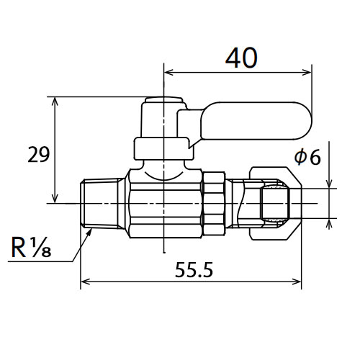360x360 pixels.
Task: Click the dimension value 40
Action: click(241, 58)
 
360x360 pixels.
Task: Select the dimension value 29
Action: click(38, 155)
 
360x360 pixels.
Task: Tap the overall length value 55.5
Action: click(194, 270)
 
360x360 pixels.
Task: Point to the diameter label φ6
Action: click(307, 157)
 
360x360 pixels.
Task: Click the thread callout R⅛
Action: click(31, 247)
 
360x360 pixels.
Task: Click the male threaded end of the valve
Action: click(103, 204)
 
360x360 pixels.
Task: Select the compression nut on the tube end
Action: click(275, 203)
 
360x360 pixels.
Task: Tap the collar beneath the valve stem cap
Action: click(163, 148)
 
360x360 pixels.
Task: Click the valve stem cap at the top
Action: click(163, 117)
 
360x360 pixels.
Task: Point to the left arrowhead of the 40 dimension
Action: click(168, 72)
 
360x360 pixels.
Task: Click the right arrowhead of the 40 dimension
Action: click(307, 72)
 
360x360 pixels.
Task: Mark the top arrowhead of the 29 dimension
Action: click(55, 102)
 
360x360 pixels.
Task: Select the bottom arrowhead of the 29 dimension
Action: click(55, 198)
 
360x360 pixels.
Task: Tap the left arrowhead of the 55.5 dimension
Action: click(85, 282)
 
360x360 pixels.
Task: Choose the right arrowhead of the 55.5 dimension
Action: click(297, 282)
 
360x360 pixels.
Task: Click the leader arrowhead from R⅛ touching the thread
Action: click(89, 233)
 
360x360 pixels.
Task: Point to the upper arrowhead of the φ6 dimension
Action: click(329, 184)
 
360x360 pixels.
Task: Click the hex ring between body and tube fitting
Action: click(214, 204)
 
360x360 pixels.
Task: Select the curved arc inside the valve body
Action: click(163, 178)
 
